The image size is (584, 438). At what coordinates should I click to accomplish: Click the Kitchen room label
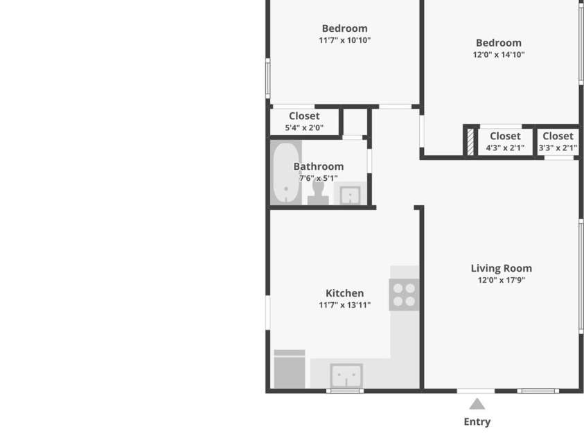pos(344,293)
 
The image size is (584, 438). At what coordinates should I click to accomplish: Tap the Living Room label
pos(502,268)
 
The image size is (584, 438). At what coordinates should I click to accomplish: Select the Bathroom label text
pos(319,166)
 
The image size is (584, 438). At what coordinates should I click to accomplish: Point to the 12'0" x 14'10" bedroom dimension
pos(499,55)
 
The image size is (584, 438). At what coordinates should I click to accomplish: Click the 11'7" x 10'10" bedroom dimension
pos(344,40)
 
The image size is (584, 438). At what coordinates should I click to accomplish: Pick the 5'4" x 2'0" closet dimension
pos(304,128)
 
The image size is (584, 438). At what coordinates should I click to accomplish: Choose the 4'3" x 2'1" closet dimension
pos(505,148)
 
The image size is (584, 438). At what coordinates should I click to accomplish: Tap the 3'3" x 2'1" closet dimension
pos(558,148)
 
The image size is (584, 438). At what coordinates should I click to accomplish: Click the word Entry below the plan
pos(477,421)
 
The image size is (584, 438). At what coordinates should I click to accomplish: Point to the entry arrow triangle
pos(477,405)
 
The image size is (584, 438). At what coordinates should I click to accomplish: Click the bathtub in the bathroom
pos(286,173)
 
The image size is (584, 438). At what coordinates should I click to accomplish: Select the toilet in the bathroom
pos(318,193)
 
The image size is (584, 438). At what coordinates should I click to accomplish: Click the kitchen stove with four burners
pos(404,295)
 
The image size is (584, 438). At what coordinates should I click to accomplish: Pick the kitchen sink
pos(346,376)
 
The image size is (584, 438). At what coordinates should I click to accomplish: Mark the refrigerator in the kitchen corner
pos(290,369)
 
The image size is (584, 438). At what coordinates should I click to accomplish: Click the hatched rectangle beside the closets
pos(470,142)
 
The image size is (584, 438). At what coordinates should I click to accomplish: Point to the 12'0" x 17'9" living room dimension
pos(502,280)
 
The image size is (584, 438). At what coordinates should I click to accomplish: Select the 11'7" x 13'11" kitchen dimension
pos(344,305)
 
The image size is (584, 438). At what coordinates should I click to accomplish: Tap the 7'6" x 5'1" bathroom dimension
pos(319,178)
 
